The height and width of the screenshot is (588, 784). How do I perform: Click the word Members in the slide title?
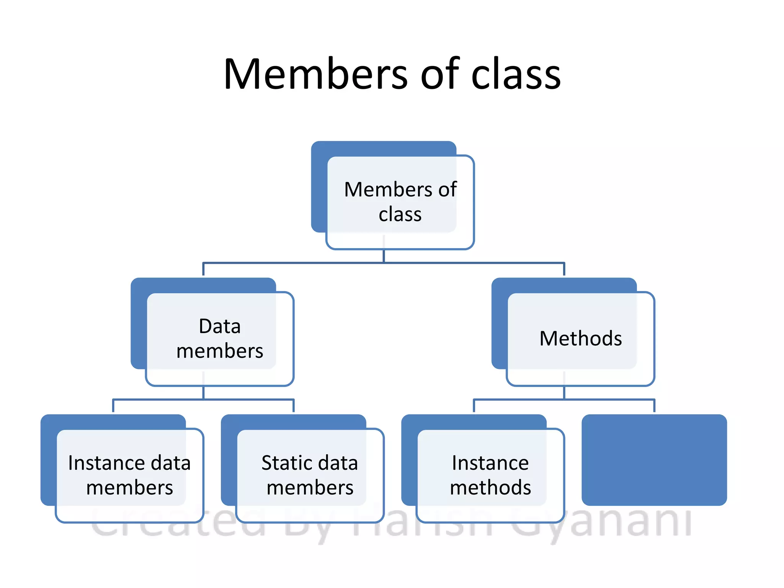[x=316, y=74]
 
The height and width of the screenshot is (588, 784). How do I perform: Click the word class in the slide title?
[x=516, y=74]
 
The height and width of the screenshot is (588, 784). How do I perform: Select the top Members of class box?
[x=400, y=202]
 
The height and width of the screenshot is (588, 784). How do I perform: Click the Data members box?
[x=220, y=339]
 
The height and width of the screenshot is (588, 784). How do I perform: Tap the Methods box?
[x=580, y=339]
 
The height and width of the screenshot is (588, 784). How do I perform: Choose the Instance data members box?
[x=129, y=475]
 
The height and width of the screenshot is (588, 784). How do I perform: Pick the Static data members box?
[x=310, y=475]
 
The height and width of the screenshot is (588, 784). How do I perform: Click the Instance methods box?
[x=490, y=475]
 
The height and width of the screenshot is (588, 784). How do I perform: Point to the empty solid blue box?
[x=654, y=460]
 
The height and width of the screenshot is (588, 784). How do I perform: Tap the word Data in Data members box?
[x=220, y=327]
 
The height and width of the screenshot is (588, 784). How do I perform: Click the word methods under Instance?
[x=490, y=488]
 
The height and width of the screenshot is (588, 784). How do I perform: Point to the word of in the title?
[x=439, y=74]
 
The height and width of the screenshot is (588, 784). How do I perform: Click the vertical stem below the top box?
[x=384, y=256]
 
